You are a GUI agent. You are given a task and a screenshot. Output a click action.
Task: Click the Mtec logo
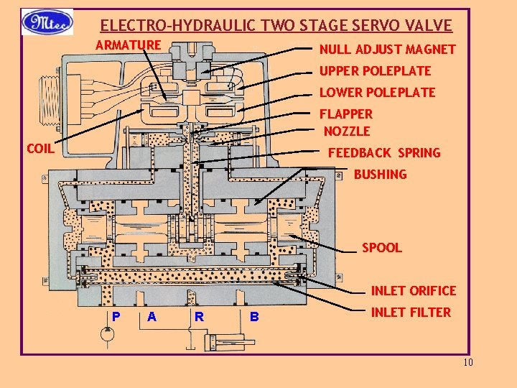click(47, 22)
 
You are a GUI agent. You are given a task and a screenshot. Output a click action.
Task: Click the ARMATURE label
click(129, 45)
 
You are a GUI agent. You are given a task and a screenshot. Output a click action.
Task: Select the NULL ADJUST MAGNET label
click(387, 50)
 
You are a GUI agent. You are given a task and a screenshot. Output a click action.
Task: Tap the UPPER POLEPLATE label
click(375, 71)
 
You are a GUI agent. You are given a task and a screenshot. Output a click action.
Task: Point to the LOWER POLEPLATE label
click(377, 92)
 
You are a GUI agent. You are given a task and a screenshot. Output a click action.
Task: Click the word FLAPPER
click(346, 114)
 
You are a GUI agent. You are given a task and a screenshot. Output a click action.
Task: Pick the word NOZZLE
click(347, 131)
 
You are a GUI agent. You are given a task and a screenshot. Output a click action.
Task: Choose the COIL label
click(40, 149)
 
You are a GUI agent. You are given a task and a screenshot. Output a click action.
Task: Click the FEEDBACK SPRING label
click(384, 153)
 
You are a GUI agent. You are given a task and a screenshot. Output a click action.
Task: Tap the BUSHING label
click(380, 174)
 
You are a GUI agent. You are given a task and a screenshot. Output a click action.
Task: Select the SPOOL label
click(381, 248)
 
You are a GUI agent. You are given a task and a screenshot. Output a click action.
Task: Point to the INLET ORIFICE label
click(413, 290)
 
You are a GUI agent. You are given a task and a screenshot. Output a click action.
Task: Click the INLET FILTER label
click(411, 312)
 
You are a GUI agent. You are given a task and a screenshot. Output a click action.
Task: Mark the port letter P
click(116, 316)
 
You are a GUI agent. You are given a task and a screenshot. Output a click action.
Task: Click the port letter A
click(152, 316)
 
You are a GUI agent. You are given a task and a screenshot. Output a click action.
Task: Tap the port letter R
click(199, 316)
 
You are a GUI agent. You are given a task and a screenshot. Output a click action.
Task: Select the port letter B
click(253, 316)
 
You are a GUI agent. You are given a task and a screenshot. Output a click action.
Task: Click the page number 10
click(468, 362)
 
